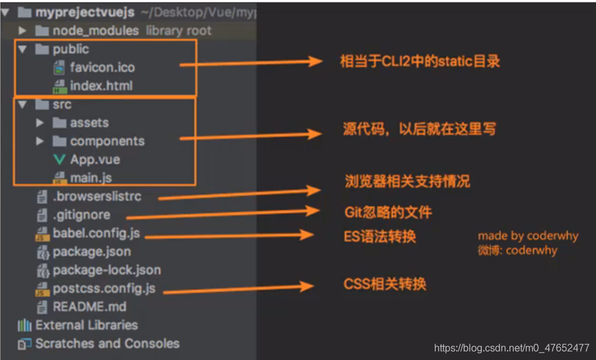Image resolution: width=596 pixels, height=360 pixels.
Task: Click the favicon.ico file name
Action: coord(102,67)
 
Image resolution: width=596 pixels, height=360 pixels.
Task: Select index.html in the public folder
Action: coord(101,85)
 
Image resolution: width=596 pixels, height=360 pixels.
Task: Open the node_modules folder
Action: coord(95,30)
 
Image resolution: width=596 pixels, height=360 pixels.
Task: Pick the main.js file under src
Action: coord(91,177)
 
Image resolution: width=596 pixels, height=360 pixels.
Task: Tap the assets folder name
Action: coord(89,123)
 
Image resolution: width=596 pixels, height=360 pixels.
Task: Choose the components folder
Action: coord(107,141)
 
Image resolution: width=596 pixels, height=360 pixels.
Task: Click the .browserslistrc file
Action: coord(97,196)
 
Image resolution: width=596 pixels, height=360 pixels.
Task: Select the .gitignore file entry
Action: coord(81,214)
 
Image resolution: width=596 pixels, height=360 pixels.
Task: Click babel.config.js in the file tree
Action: coord(96,233)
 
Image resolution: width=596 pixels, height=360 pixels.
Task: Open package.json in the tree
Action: coord(92,251)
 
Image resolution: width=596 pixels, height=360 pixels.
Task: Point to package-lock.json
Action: coord(107,270)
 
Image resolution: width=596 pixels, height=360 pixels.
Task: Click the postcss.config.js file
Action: coord(104,289)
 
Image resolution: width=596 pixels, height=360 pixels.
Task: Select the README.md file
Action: coord(89,307)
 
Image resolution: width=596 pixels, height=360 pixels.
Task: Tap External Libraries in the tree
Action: coord(87,325)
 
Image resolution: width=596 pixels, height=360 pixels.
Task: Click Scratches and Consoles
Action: coord(107,344)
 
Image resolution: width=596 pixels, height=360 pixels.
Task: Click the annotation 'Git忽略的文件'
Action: coord(388,211)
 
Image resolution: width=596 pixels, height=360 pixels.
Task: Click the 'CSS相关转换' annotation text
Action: coord(385,283)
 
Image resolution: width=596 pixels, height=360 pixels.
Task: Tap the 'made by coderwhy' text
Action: coord(528,236)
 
